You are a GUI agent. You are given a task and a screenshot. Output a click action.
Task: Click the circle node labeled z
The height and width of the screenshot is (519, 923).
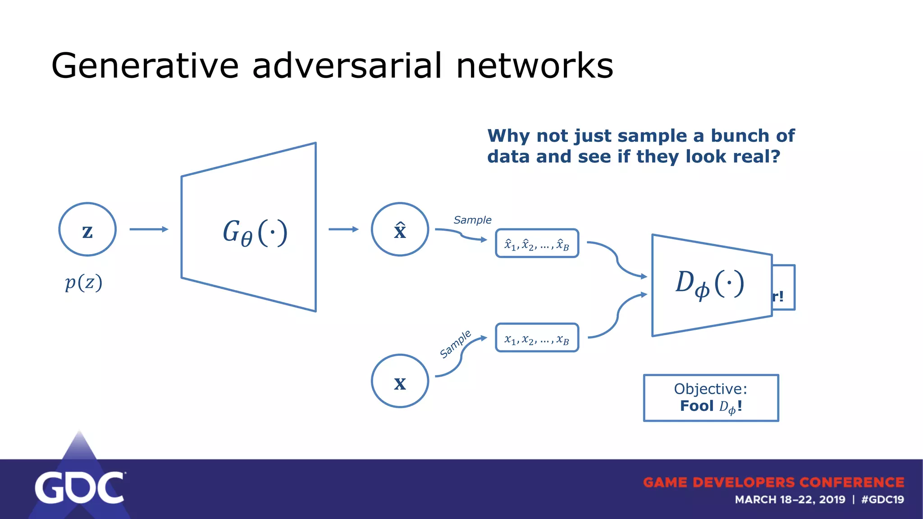(87, 229)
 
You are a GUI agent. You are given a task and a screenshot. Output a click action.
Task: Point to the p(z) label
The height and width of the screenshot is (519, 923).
(84, 282)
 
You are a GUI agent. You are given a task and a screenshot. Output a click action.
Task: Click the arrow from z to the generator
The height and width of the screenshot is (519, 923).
(149, 229)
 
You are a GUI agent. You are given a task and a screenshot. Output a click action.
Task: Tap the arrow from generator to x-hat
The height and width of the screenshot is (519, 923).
(343, 229)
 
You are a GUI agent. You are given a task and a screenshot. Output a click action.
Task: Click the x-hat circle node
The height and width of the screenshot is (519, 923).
(400, 229)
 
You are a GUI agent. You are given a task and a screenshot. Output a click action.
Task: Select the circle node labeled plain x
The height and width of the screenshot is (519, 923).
(400, 381)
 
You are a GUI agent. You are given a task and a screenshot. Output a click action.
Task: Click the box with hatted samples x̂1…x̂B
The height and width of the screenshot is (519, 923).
(537, 244)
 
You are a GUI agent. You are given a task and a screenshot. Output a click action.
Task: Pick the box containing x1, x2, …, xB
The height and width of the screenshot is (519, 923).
(537, 338)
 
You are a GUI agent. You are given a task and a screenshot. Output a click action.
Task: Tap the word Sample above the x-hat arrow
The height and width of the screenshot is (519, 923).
(472, 220)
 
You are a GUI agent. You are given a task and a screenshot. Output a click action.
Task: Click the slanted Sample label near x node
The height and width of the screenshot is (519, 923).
(455, 344)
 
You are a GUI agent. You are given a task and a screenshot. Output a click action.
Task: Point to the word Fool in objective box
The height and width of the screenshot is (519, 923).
(697, 406)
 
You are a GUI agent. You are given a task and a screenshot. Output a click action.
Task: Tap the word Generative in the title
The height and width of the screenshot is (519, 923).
(145, 66)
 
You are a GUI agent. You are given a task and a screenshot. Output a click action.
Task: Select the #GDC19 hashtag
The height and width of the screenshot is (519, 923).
(882, 500)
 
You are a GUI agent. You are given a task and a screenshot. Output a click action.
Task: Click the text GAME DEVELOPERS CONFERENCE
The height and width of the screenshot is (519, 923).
(773, 483)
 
